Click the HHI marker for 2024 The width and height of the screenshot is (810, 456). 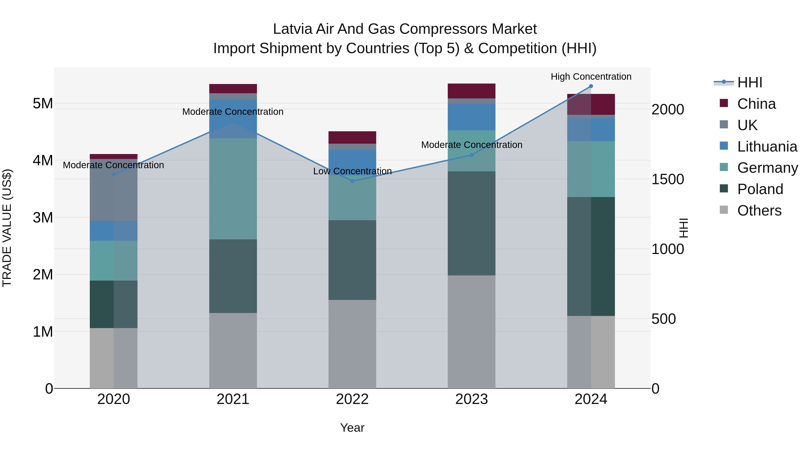[x=591, y=86]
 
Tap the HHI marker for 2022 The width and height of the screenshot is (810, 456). [x=352, y=181]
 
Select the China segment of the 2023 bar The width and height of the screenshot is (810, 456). [x=471, y=91]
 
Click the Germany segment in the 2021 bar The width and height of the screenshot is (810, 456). [x=233, y=189]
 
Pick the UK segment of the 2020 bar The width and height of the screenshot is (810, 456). [x=114, y=190]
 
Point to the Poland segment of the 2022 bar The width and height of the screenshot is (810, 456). [x=352, y=260]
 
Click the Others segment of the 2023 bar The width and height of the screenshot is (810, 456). [x=471, y=332]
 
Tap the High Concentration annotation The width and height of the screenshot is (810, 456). [x=591, y=77]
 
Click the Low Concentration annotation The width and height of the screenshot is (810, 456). [x=352, y=171]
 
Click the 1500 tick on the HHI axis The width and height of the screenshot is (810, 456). [x=668, y=179]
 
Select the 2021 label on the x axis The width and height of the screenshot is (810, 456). [x=233, y=399]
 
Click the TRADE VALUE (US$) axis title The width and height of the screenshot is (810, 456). [x=7, y=228]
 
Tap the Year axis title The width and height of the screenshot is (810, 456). [x=352, y=428]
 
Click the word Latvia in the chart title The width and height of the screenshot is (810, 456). [x=292, y=29]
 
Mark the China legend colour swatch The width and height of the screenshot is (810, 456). [x=724, y=103]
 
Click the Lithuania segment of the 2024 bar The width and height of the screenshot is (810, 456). [x=591, y=130]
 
